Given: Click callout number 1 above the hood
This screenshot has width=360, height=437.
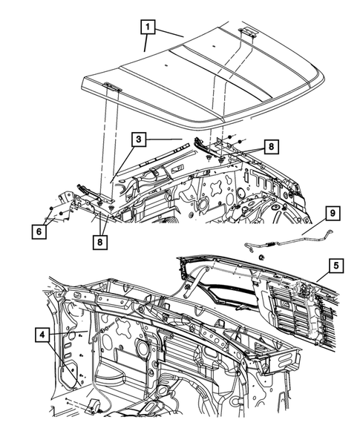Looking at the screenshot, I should pyautogui.click(x=149, y=29).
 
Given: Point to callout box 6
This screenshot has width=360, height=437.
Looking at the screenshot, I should pyautogui.click(x=37, y=230).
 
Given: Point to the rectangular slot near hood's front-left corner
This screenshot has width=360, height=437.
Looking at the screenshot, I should pyautogui.click(x=112, y=86).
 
